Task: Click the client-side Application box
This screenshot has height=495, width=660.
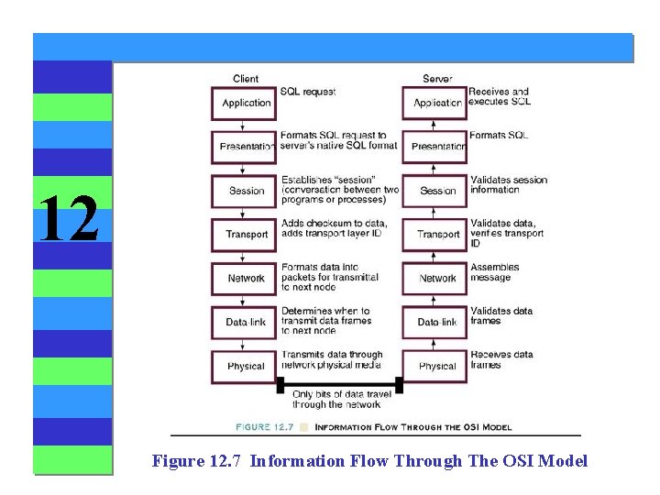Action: [246, 103]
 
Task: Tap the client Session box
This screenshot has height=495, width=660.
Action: [246, 191]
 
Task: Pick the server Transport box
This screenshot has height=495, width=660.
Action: [436, 235]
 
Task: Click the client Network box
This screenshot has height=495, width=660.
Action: [246, 279]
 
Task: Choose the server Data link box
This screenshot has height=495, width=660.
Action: [436, 323]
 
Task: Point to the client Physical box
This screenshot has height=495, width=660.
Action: [246, 366]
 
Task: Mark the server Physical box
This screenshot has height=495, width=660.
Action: [436, 366]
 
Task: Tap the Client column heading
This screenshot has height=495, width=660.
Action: [246, 79]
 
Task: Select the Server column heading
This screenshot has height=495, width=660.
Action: [437, 79]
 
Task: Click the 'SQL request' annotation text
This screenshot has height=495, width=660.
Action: [308, 92]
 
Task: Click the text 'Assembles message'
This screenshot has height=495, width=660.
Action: [495, 273]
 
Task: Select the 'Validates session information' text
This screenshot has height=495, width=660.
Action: [508, 184]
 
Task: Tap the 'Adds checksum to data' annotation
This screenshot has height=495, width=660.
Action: [334, 224]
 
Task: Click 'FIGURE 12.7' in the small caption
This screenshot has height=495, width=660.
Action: [266, 426]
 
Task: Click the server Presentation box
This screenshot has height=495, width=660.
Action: [436, 147]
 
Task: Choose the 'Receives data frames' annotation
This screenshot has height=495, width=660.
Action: [500, 359]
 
